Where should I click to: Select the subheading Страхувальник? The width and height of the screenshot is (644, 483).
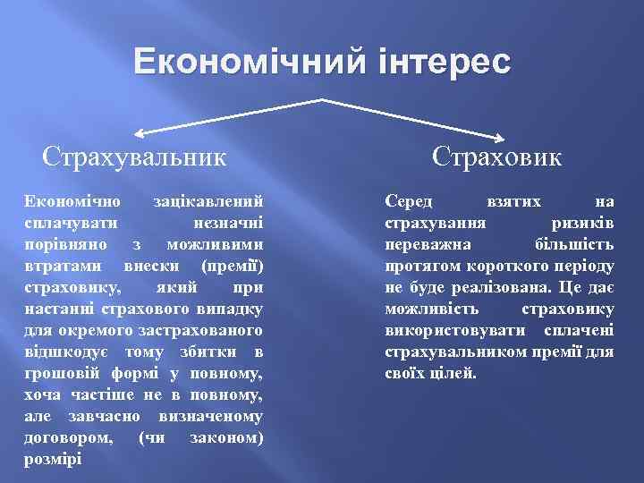click(x=134, y=157)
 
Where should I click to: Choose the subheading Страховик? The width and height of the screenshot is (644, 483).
click(x=498, y=157)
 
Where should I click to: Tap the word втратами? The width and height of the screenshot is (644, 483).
click(x=60, y=265)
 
